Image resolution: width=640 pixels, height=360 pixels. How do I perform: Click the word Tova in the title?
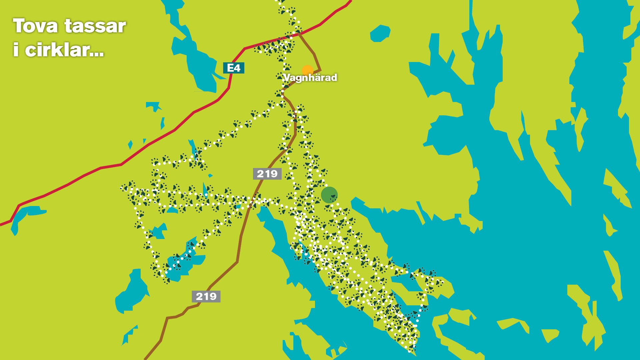click(35, 26)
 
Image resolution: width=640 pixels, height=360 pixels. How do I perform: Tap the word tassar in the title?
click(95, 26)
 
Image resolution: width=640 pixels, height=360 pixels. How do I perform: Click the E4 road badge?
click(234, 68)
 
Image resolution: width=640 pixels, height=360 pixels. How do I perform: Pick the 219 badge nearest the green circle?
click(267, 174)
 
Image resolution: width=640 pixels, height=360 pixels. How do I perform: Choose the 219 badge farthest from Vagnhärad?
click(206, 296)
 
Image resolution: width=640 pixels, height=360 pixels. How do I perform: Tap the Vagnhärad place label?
click(310, 78)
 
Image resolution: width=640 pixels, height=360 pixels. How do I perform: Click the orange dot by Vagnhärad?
click(307, 70)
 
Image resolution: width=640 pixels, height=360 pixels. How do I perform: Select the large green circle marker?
click(329, 195)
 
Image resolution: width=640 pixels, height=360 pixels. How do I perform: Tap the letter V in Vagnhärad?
click(287, 78)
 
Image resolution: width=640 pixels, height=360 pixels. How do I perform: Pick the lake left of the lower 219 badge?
click(132, 293)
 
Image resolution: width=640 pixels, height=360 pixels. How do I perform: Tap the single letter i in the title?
click(15, 50)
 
